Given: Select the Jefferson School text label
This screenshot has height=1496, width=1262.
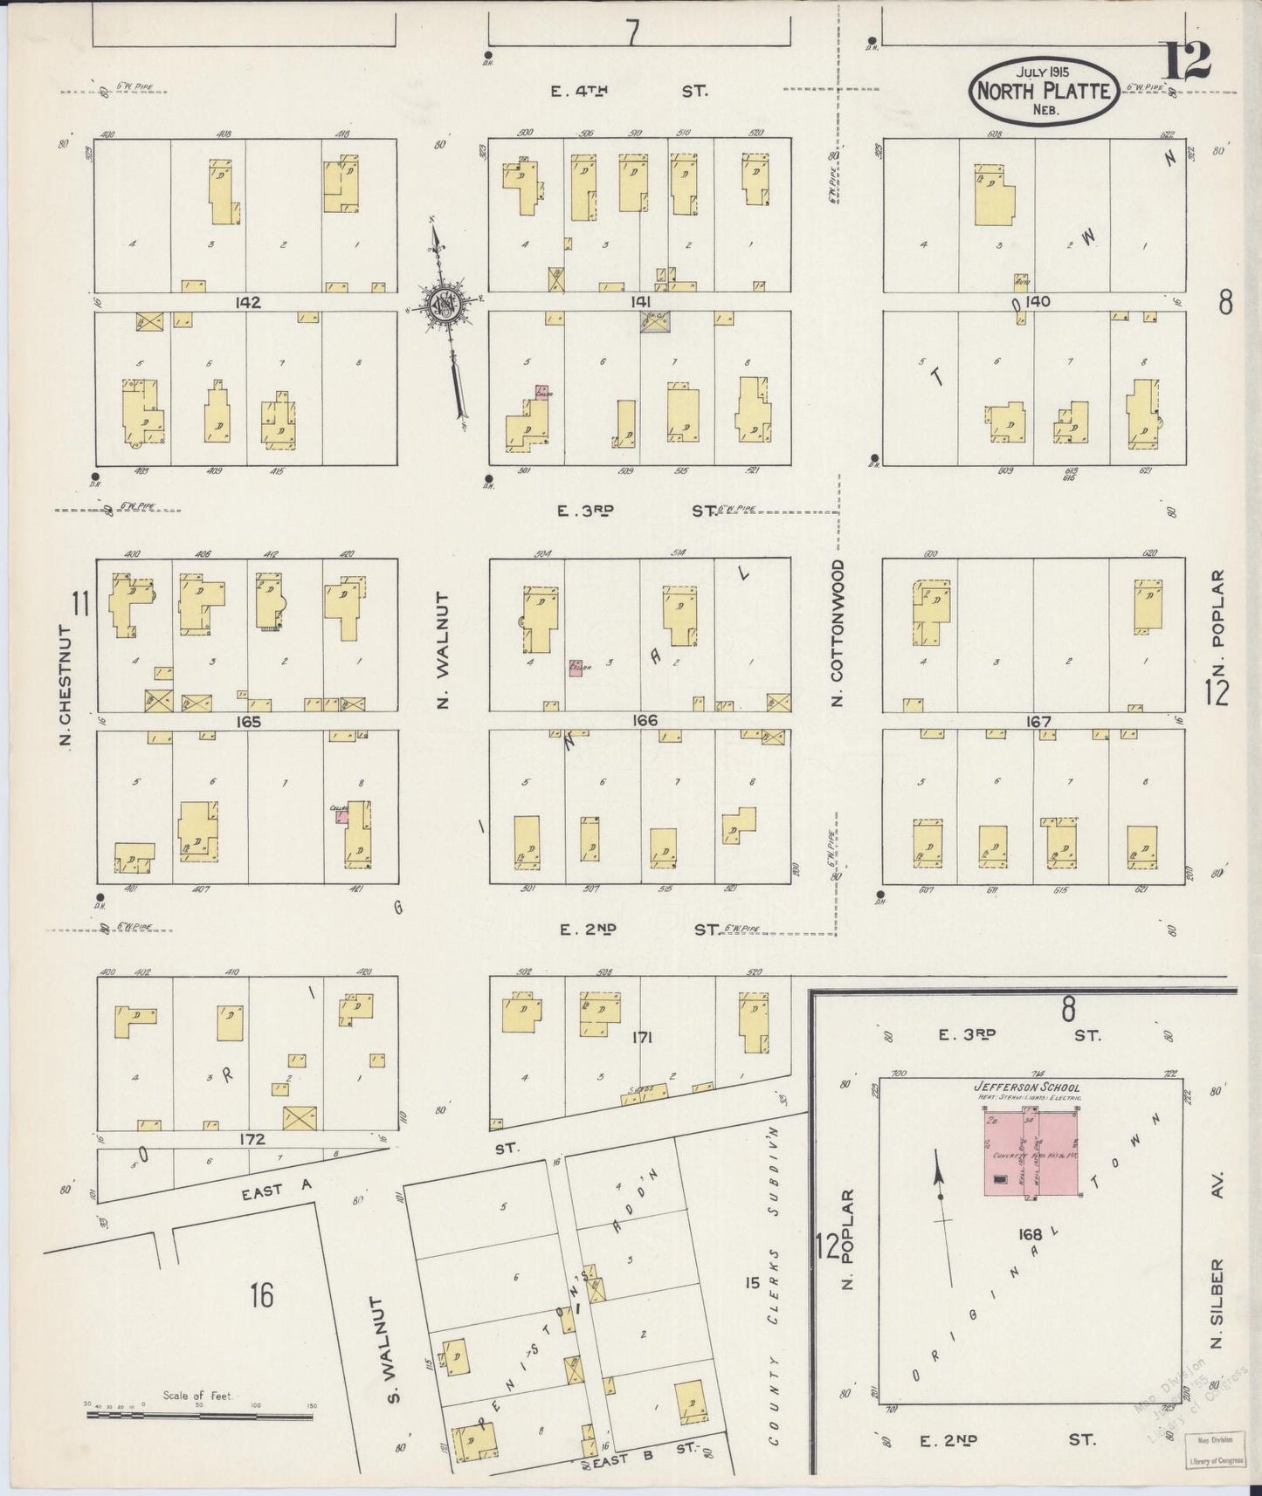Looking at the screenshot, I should pos(1026,1088).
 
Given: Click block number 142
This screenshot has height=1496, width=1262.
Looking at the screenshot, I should pos(248,302).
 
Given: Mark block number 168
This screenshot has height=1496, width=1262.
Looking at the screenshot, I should pos(1031,1235).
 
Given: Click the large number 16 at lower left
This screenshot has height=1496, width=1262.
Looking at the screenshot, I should pos(260,1294).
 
